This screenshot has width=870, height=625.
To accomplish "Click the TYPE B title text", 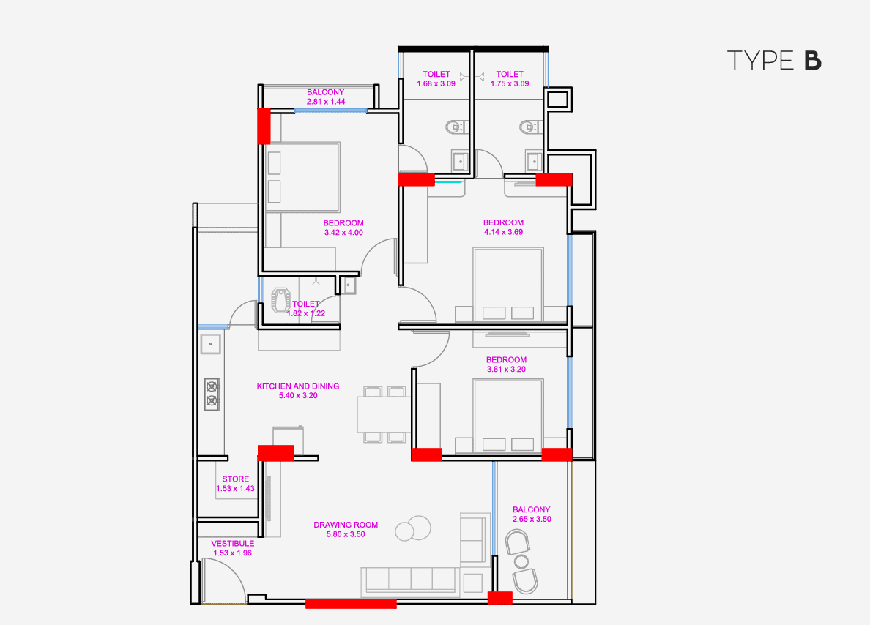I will click(x=774, y=61).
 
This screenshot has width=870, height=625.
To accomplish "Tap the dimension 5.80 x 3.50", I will click(x=346, y=534).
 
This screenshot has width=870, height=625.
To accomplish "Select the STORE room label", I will click(x=236, y=479).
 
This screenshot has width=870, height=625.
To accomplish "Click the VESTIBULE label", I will click(x=233, y=544).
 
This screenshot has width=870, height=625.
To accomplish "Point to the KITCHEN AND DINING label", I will click(x=297, y=386).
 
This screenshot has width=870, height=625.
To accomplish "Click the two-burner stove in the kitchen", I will click(x=212, y=392).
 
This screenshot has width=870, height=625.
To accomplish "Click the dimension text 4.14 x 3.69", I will click(x=503, y=232).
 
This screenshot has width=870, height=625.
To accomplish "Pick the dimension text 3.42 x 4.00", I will click(x=343, y=233).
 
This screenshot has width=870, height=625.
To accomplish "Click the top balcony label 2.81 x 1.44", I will click(x=326, y=101).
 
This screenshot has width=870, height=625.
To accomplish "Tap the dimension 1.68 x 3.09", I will click(x=436, y=83).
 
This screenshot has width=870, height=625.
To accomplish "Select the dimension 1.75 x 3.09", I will click(x=509, y=83).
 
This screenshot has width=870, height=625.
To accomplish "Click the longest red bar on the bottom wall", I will click(x=351, y=604).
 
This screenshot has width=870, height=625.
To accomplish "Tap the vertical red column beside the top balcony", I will click(x=263, y=126).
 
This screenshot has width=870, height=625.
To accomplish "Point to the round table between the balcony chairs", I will click(x=521, y=561).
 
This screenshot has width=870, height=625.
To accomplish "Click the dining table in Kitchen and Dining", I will click(x=382, y=415).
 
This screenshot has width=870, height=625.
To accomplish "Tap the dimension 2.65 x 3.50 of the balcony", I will click(x=531, y=519).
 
